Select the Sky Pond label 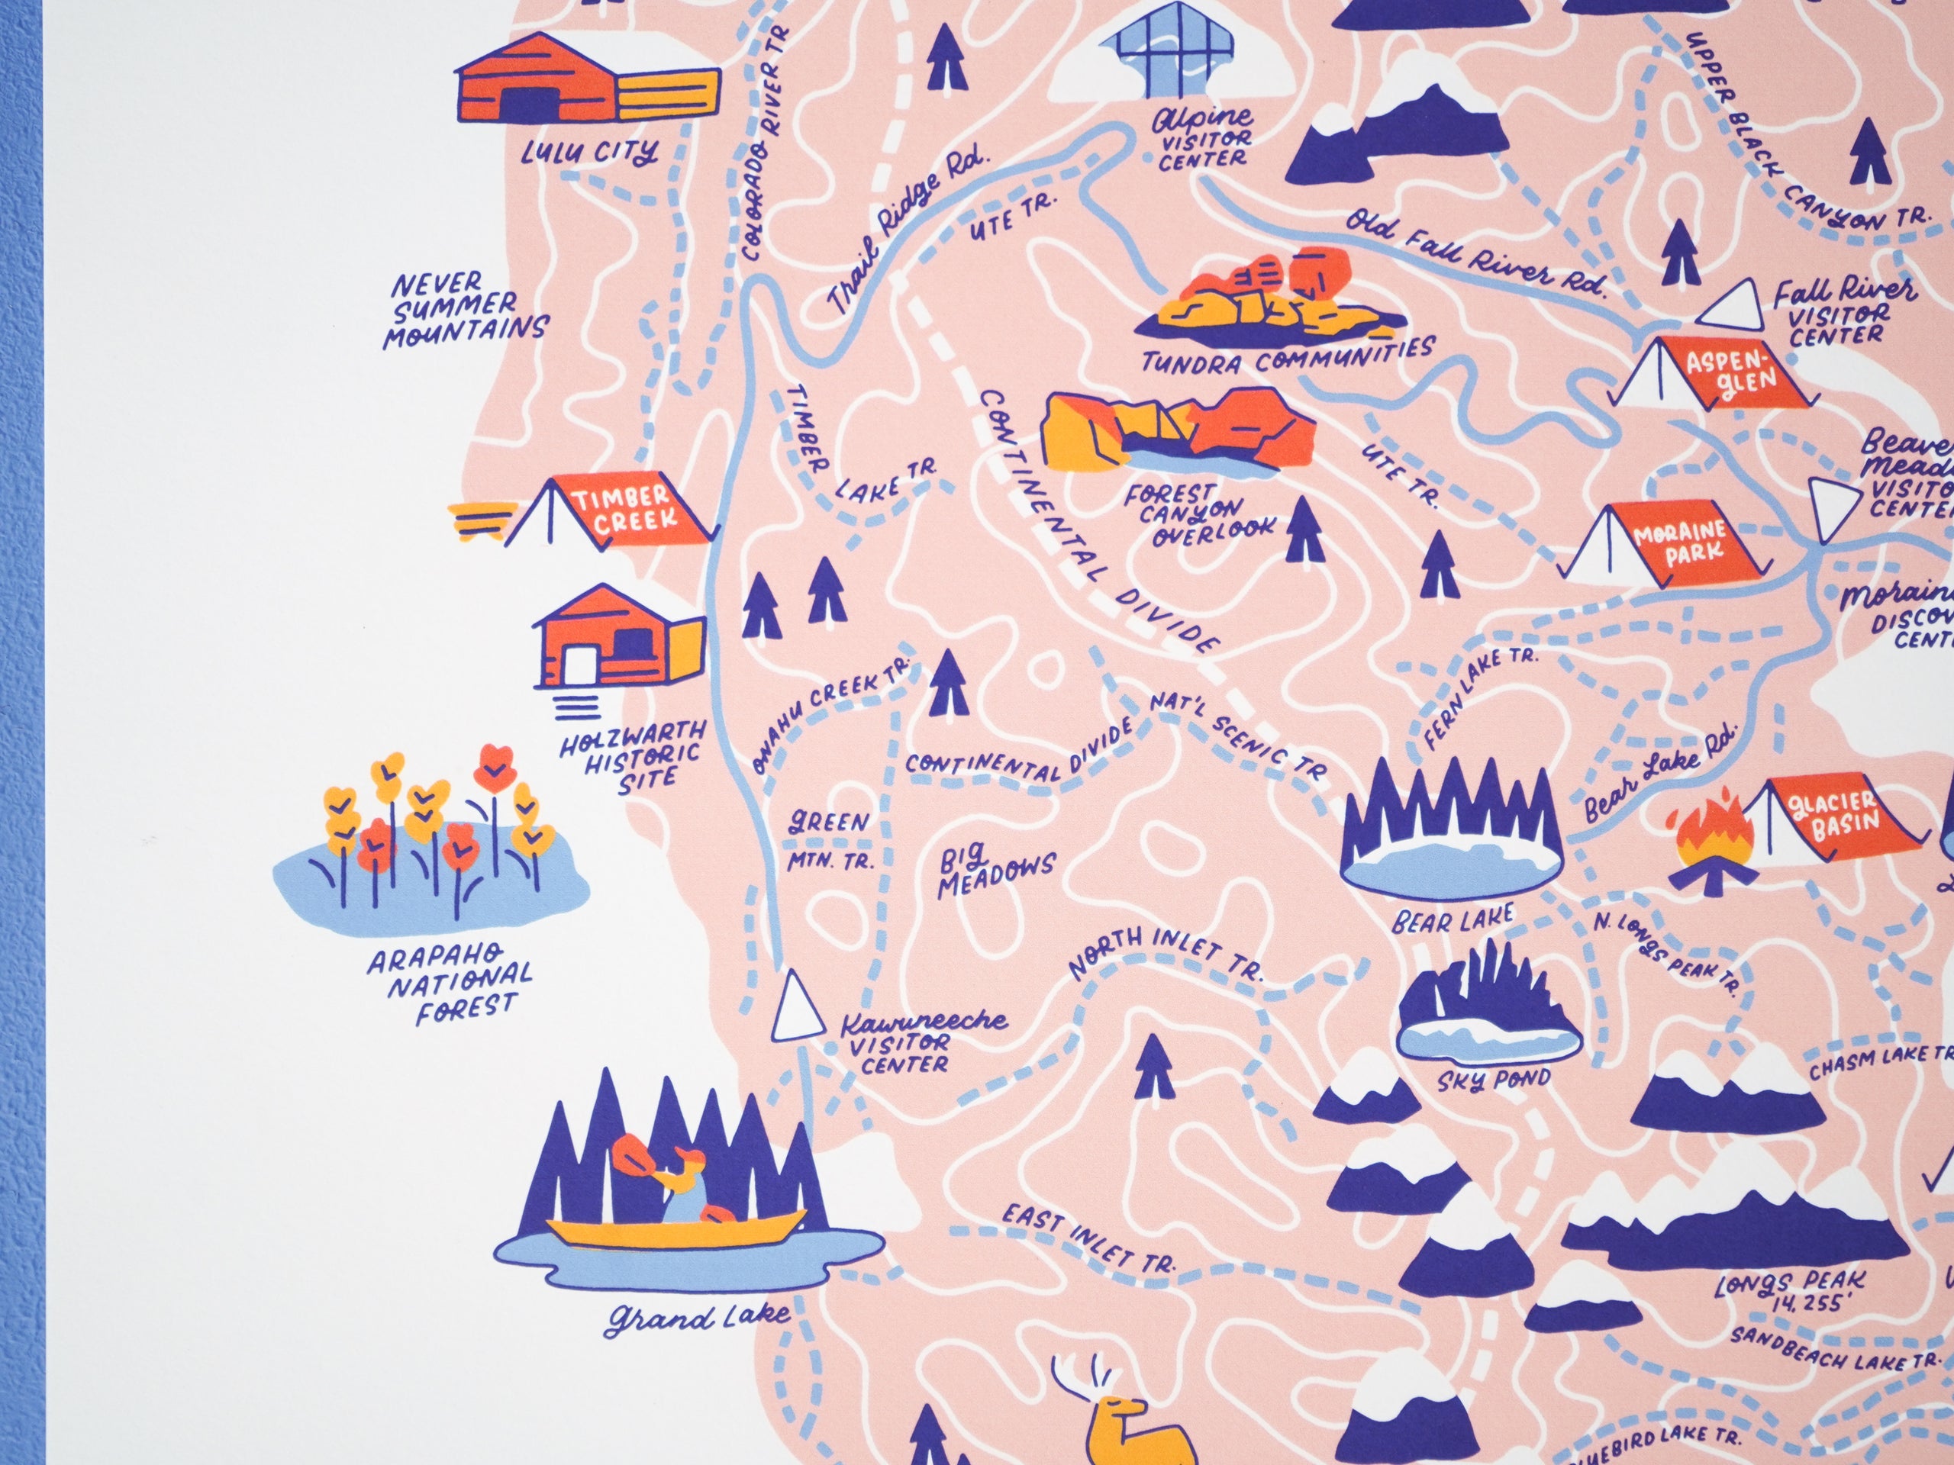point(1493,1080)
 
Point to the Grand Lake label point(698,1318)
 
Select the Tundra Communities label point(1287,355)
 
